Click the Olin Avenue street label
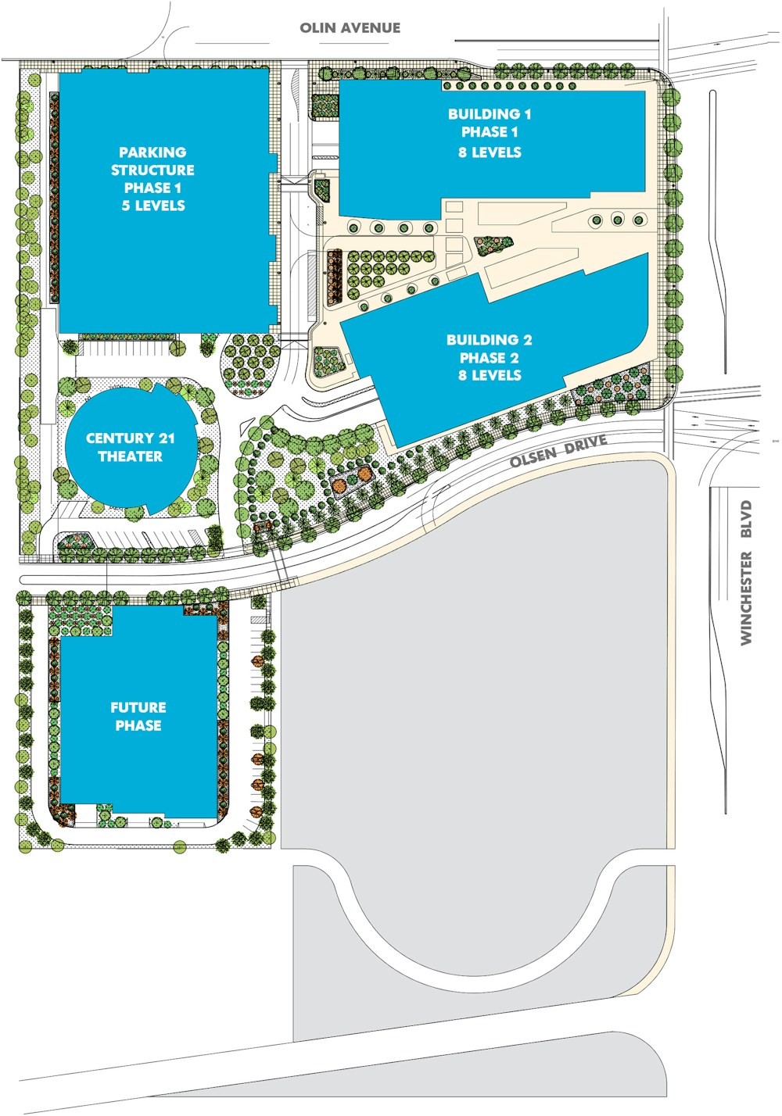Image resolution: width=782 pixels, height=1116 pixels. pos(350,27)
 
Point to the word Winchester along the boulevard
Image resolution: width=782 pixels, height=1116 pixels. pos(746,598)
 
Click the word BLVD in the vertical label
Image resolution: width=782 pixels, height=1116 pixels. pos(746,519)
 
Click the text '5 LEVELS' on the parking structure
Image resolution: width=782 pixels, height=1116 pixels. pos(153,206)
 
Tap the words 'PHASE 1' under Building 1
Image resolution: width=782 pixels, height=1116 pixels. pos(490,132)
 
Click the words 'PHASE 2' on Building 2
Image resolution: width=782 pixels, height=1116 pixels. pos(490,357)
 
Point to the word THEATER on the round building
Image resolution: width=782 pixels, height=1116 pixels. pos(130,456)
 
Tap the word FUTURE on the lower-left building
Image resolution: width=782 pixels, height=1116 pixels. pos(138,707)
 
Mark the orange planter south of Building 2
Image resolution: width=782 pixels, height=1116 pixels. pos(340,485)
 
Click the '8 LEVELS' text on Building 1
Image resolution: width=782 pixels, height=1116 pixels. pos(490,152)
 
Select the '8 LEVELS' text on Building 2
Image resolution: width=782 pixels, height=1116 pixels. pos(490,375)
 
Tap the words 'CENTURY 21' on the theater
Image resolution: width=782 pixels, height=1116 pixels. pos(130,438)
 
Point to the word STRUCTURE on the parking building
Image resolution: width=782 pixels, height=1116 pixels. pos(152,170)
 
